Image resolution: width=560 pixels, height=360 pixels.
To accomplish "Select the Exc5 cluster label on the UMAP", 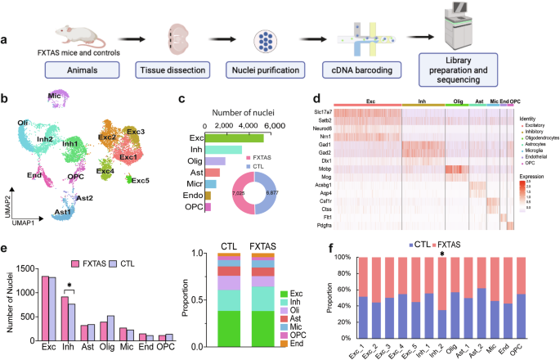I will coord(140,179).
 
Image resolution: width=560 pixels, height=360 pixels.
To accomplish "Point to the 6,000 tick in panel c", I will coord(273,125).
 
